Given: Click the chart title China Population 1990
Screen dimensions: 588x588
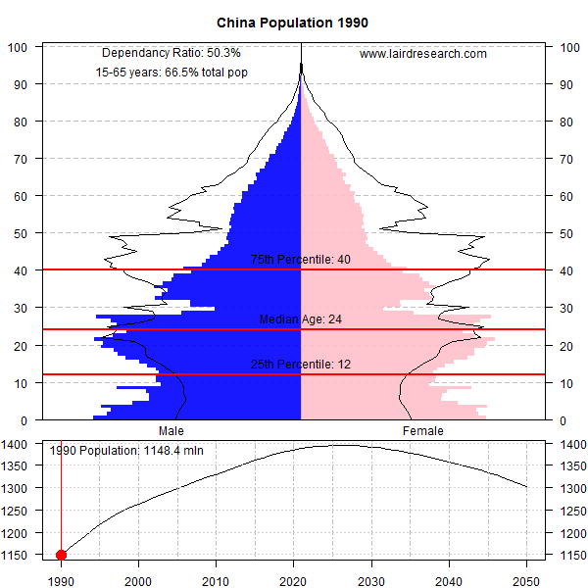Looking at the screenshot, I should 293,22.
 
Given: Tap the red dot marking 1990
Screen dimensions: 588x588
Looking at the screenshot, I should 62,555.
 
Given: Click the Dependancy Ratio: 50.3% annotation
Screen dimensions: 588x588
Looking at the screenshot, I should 171,53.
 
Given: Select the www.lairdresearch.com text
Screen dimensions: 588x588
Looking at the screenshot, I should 423,54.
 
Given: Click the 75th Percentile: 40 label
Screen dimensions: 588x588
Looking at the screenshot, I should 300,260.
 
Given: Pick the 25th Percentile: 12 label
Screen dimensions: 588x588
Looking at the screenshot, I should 300,365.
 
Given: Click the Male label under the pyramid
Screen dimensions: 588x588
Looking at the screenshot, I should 171,430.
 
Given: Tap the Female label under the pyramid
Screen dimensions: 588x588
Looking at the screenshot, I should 423,430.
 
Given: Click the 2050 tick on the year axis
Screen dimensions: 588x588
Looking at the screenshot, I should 526,578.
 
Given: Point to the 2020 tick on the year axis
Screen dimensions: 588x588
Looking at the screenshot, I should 294,578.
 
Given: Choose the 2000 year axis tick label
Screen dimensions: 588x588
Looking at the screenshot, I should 139,578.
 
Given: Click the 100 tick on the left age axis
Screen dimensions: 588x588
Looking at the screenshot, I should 18,47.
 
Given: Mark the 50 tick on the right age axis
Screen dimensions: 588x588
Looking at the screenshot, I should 565,233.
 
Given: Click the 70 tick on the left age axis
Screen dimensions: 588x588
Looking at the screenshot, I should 21,159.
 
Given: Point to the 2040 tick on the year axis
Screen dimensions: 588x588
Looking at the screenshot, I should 449,578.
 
